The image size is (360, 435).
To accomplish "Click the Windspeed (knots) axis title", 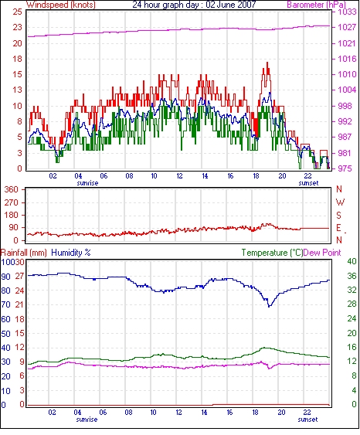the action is pos(61,5).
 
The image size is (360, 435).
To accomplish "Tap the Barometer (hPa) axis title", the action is pos(317,5).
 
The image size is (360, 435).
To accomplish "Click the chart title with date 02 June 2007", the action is pos(194,5).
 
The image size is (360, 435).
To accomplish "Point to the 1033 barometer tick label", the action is pos(347,12).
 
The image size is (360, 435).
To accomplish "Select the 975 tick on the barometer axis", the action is pos(345,168).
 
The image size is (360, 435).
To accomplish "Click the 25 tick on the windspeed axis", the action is pos(17,12).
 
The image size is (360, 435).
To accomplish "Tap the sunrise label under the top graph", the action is pos(87,183).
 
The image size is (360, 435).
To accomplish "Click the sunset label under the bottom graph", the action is pos(307,420).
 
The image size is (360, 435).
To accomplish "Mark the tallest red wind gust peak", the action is pos(267,63).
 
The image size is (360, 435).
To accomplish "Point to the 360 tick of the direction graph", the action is pos(12,190).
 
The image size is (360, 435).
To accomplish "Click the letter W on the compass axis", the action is pos(340,202).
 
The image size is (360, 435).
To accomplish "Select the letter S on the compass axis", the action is pos(338,215).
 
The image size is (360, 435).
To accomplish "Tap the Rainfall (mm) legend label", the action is pos(24,253).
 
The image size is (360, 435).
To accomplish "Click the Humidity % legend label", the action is pos(71,253).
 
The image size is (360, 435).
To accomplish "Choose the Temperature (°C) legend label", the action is pos(272,253).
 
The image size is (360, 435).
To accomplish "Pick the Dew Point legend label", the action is pos(322,253).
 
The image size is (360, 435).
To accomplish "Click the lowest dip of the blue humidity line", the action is pos(269,307).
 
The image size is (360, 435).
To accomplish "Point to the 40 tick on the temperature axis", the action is pos(352,261).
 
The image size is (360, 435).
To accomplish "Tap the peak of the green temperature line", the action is pos(264,348).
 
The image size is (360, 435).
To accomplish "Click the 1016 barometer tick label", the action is pos(347,59).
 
